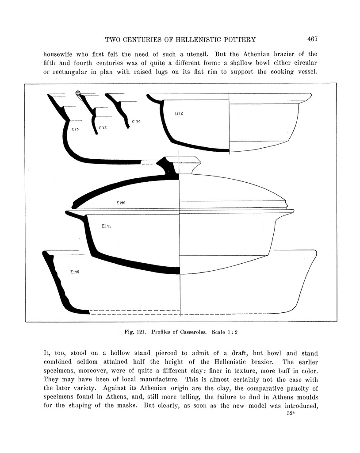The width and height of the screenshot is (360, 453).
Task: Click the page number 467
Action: point(312,39)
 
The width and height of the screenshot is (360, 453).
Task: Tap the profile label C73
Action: point(75,129)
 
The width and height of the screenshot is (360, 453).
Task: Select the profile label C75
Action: point(103,128)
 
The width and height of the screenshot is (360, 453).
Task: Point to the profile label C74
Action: point(137,121)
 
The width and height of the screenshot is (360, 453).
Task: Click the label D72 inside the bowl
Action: point(179,114)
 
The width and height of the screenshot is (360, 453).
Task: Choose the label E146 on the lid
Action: point(121,203)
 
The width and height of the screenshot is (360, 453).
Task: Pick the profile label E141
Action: point(106,226)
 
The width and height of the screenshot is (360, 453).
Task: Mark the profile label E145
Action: point(74,272)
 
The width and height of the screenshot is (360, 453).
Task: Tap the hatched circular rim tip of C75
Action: point(79,93)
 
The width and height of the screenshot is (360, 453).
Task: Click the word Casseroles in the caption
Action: point(191,331)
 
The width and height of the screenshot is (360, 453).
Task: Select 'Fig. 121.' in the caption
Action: point(134,331)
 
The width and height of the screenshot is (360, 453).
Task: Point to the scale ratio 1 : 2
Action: point(232,331)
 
